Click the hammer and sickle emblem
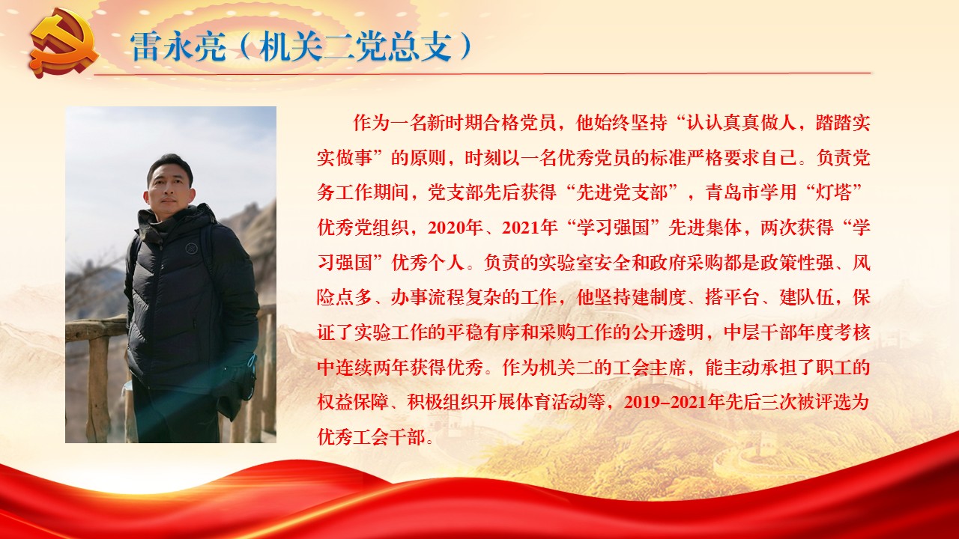pyautogui.click(x=64, y=44)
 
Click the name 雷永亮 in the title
pyautogui.click(x=178, y=46)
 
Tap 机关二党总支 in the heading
pyautogui.click(x=355, y=46)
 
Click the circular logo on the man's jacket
pyautogui.click(x=191, y=248)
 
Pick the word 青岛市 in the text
pyautogui.click(x=733, y=192)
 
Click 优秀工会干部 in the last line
pyautogui.click(x=372, y=436)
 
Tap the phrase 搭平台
pyautogui.click(x=732, y=297)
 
